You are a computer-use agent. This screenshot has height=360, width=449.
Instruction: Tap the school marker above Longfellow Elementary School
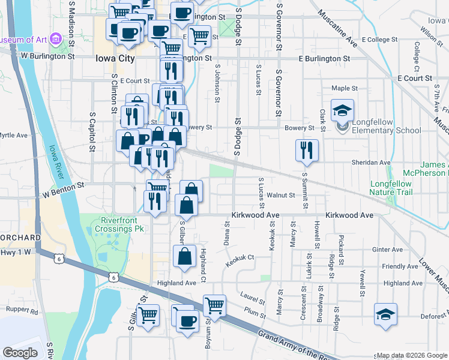coord(342,110)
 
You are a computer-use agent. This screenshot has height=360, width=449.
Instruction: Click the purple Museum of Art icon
coord(56,40)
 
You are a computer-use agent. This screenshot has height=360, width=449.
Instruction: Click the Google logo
coord(20,353)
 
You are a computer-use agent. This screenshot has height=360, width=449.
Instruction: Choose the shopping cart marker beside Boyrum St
coord(214,305)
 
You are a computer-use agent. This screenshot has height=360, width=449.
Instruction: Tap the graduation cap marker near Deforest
coord(385,314)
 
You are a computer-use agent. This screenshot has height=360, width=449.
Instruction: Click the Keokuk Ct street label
coord(240,260)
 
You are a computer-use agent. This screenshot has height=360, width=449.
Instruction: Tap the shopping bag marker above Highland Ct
coord(184,256)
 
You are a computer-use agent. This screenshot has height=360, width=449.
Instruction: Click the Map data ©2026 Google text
coord(412,355)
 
